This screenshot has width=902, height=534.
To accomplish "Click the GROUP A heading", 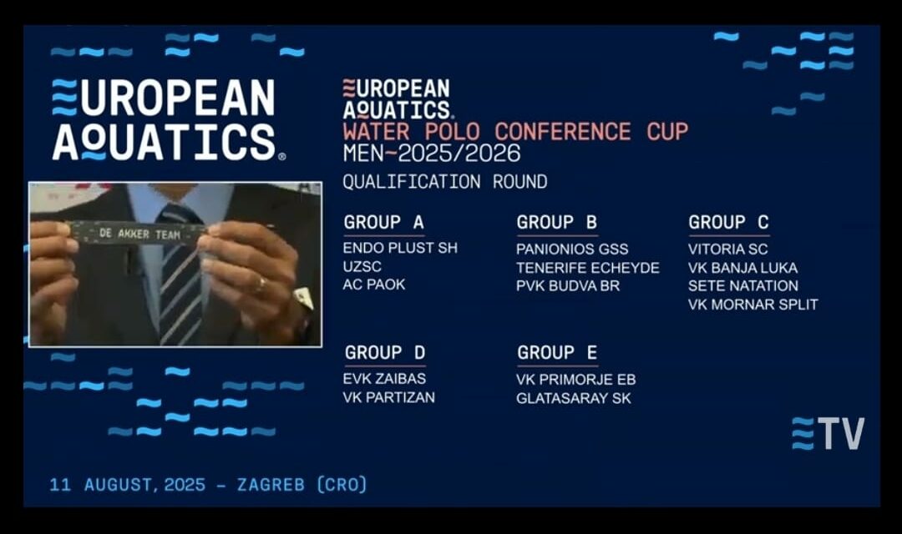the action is coord(383,222).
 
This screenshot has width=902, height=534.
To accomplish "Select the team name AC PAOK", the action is coord(374,285).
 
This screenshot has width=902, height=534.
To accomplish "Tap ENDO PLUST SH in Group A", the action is coord(400,248).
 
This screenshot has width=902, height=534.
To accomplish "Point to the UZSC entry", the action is coord(362,266).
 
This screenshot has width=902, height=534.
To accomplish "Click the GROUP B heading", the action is coord(557,222).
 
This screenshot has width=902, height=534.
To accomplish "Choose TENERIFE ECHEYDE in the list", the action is coord(588,268).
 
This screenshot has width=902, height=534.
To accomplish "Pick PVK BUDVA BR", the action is coord(568,285).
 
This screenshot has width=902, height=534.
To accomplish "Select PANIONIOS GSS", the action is coord(572,249).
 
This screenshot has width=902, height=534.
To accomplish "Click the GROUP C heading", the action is coord(729,222).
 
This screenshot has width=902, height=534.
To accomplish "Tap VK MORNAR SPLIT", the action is coord(753,304).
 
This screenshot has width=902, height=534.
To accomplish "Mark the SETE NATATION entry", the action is coord(743,285).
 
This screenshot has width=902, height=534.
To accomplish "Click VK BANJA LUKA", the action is coord(742,268).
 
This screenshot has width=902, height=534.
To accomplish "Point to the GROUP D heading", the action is coord(385,352).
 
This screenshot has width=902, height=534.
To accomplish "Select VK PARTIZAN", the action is coord(389,397).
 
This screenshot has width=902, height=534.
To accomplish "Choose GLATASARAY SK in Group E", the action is coord(574,398).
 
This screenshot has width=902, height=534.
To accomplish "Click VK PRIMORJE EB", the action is coord(575,380).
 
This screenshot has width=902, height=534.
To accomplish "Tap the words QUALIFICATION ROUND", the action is coord(444,182).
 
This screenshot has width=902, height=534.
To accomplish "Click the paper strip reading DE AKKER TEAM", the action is coord(138,233).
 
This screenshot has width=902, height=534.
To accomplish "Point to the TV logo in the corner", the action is coord(828,433).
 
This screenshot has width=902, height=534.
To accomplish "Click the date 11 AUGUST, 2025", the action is coord(127,485).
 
